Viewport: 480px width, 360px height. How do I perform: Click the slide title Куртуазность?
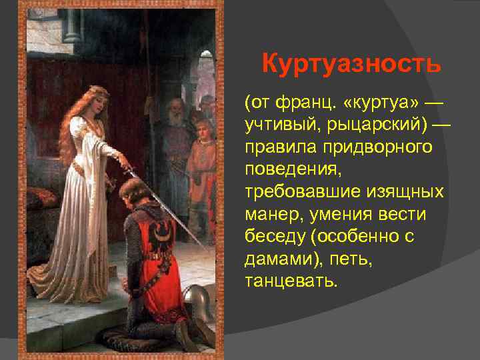351,65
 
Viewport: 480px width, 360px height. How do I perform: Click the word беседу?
275,235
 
